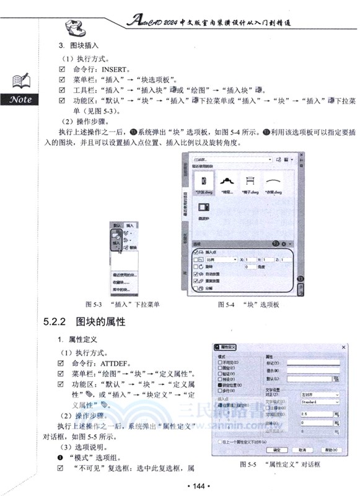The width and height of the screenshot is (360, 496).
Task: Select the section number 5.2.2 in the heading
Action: click(x=55, y=322)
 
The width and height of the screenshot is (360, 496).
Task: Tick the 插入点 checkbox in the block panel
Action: click(x=198, y=252)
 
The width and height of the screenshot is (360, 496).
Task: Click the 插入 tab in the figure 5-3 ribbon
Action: click(x=129, y=226)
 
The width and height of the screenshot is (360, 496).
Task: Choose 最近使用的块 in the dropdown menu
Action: click(x=126, y=273)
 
